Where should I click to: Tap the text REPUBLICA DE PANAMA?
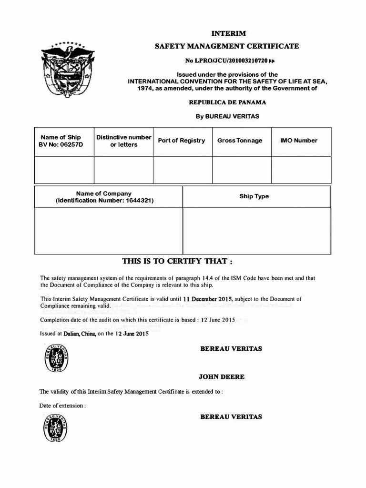pyautogui.click(x=228, y=102)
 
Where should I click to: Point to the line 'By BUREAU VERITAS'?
pyautogui.click(x=228, y=116)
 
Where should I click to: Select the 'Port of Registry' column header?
pyautogui.click(x=182, y=141)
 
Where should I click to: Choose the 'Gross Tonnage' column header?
pyautogui.click(x=240, y=141)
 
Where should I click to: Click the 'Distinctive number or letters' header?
pyautogui.click(x=123, y=141)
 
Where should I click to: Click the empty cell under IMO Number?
pyautogui.click(x=301, y=170)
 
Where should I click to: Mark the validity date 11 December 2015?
pyautogui.click(x=207, y=299)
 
